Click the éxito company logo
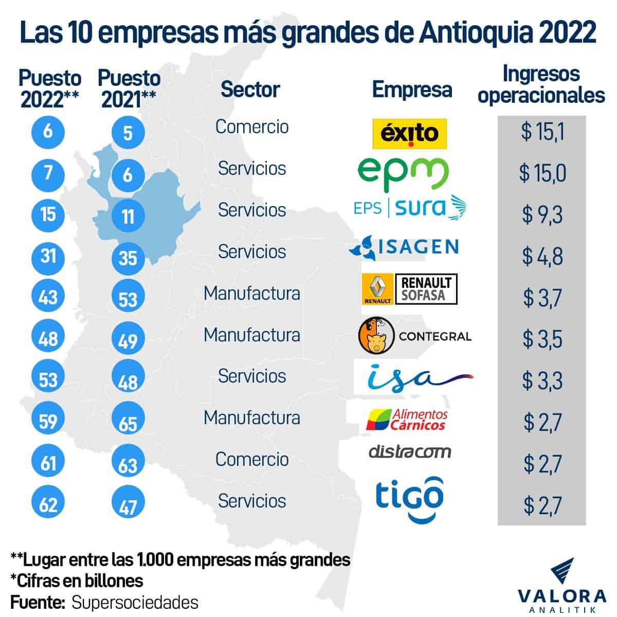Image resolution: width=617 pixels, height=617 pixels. point(409,134)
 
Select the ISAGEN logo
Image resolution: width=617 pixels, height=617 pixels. point(404,247)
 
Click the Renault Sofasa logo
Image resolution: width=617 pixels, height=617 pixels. point(409,289)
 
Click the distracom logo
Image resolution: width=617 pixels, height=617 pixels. point(410,451)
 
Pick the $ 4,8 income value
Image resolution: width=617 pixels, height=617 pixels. point(542,256)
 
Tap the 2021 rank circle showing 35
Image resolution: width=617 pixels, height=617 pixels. point(128,257)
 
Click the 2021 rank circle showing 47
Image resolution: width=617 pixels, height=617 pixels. point(128,507)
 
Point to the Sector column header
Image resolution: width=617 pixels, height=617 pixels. point(250,89)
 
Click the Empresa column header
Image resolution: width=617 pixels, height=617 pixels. point(412,89)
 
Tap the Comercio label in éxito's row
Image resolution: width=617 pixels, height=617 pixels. point(251,126)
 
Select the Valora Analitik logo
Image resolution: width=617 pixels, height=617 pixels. point(561,586)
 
